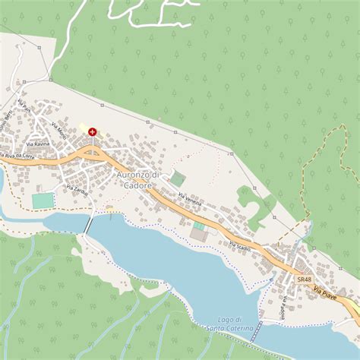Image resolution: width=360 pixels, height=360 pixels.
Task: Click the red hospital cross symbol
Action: pos(93,132)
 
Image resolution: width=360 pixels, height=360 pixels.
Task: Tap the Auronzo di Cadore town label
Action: pos(139,179)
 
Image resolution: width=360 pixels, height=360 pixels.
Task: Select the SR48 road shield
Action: pos(304,279)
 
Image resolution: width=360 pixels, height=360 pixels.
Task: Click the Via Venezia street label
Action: pos(190,200)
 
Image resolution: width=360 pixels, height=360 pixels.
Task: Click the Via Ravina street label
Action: pos(38,144)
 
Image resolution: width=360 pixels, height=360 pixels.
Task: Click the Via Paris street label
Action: pos(24,106)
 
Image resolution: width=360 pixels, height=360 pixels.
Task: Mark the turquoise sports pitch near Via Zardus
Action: pos(43,201)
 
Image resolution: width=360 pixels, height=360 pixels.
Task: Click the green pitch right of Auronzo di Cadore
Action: pos(177,178)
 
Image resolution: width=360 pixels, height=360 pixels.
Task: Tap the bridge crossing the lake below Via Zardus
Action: pos(90,225)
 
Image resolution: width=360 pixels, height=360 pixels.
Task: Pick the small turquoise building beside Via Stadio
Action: pos(199,226)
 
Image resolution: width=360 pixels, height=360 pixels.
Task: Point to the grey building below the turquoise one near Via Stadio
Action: pos(198,236)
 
